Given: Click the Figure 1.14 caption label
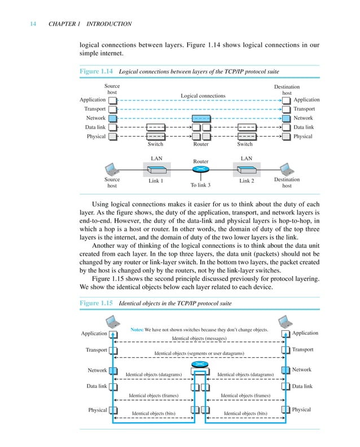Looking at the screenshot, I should [96, 72].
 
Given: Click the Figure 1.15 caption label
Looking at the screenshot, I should [96, 303].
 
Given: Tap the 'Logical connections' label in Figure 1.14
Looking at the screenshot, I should [203, 96].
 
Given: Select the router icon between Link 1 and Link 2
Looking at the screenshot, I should [201, 169].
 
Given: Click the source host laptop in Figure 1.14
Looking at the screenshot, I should [112, 169].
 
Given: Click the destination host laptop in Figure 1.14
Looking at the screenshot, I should [287, 169].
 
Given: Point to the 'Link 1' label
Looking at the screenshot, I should [156, 181].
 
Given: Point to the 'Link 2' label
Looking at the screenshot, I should [247, 181].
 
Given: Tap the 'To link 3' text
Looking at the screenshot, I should [200, 185].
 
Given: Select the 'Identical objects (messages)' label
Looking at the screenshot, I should [199, 339].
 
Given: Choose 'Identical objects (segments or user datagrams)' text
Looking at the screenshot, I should [199, 354].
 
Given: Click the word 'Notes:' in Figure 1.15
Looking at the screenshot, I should [137, 329].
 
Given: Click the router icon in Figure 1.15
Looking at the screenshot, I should [199, 363].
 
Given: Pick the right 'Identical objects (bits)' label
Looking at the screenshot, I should [245, 414].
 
